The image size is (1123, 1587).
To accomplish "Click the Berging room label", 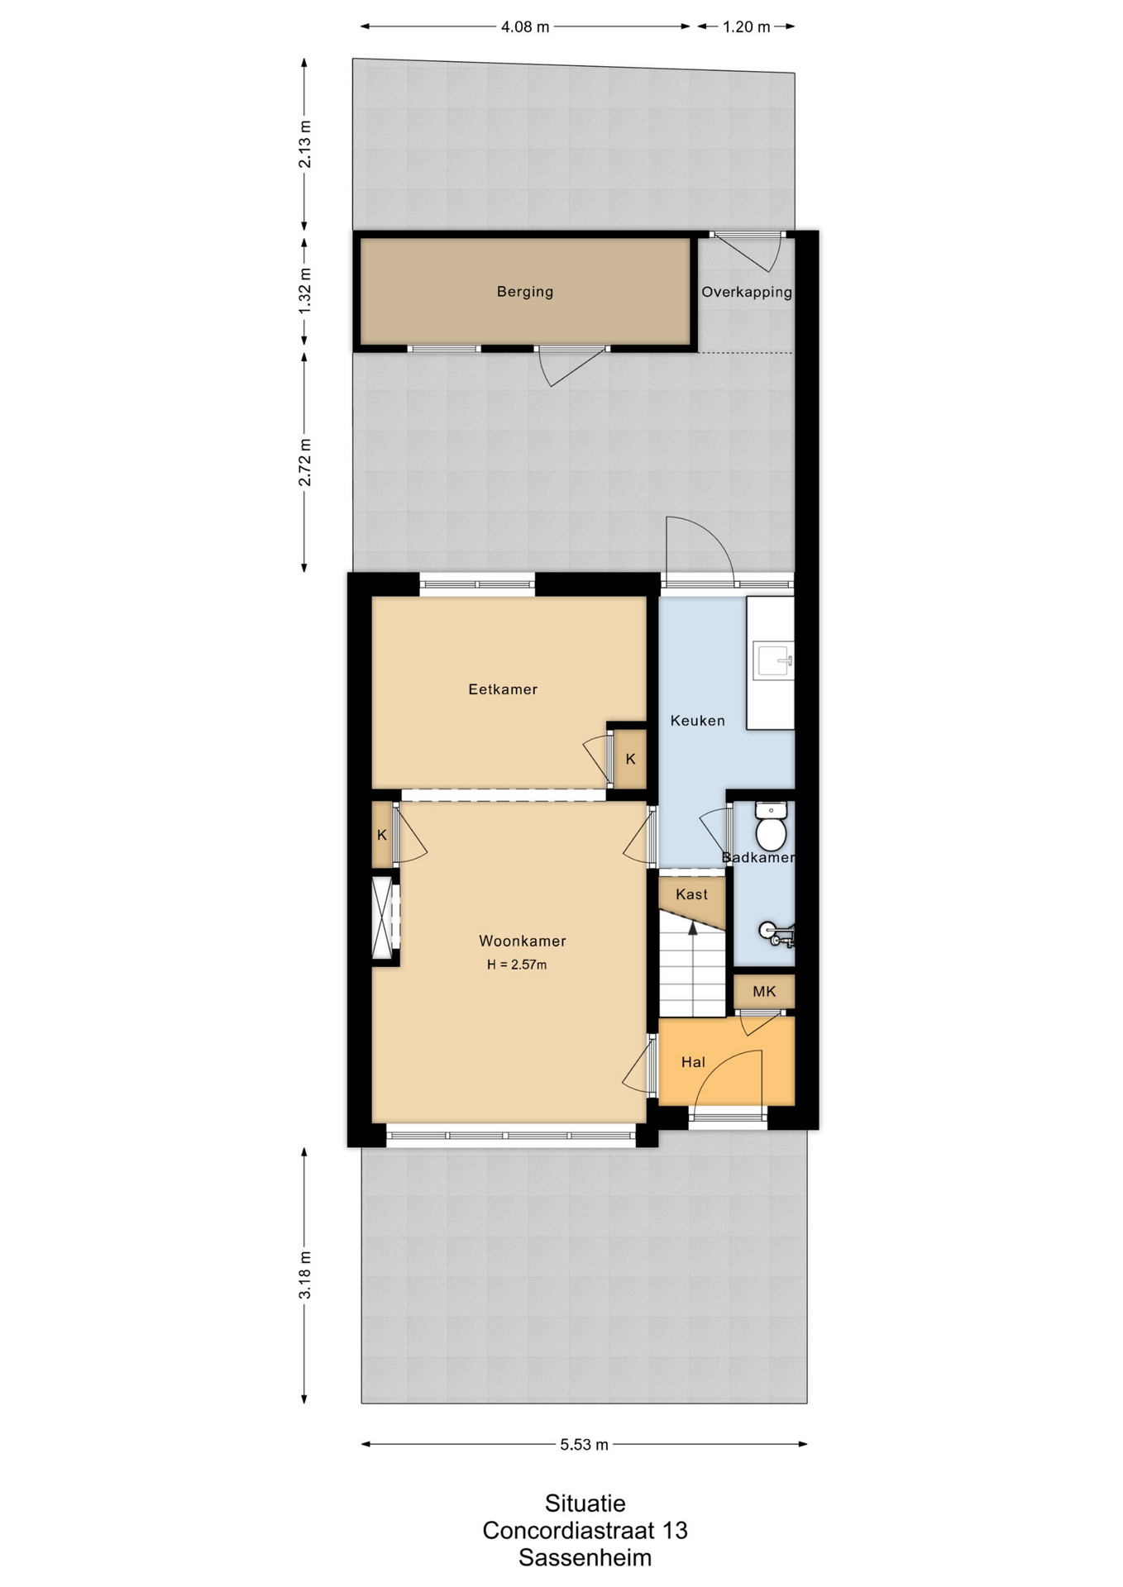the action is point(525,292).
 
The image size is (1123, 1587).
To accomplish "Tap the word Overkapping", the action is point(747,293).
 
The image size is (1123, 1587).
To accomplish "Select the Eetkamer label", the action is point(503,689).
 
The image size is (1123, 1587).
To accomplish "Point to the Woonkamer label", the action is point(523,941).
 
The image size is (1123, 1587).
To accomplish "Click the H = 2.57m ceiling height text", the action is point(517,965).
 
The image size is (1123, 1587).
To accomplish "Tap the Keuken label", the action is point(697,721).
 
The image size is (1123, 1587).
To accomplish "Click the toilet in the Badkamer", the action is point(771,827).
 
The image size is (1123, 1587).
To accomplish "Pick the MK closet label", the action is point(764,991).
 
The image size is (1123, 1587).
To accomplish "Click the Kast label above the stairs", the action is point(691,894).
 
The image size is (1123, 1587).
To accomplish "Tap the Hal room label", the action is point(693,1062).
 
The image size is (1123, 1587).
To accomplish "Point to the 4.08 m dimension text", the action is point(525,27).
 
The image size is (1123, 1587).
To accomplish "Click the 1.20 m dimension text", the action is point(747,27).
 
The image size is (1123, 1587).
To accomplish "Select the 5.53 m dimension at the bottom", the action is point(584,1445).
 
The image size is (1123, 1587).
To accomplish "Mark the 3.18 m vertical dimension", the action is point(305,1275).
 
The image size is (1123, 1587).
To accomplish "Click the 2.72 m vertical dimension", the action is point(305,463).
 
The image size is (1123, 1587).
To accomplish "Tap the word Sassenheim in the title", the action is point(585,1558).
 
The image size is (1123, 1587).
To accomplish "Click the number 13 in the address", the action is point(675,1531).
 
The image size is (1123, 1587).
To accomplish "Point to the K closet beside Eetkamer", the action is point(630,759).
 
